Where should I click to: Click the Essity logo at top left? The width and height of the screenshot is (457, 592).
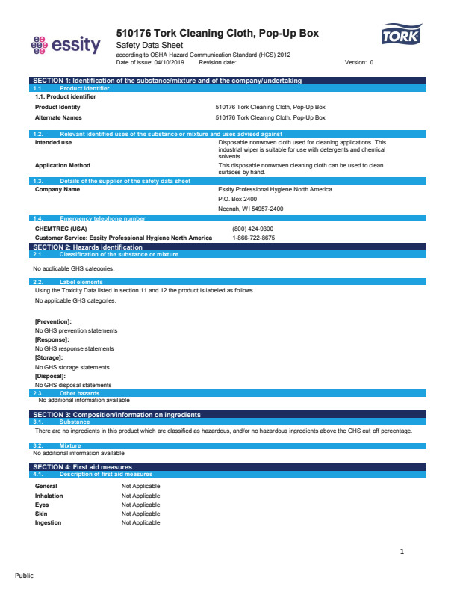click(x=65, y=45)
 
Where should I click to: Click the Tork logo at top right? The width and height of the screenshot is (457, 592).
click(x=401, y=35)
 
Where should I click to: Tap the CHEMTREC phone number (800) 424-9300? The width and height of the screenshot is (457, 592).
click(x=252, y=229)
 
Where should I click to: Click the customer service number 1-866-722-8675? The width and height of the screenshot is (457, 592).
click(x=254, y=238)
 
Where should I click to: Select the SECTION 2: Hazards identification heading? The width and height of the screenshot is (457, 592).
click(x=88, y=247)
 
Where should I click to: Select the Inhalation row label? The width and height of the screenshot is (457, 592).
click(x=49, y=496)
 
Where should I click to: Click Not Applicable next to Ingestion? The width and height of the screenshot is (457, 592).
click(x=140, y=522)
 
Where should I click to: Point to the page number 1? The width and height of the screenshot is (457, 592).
click(x=402, y=552)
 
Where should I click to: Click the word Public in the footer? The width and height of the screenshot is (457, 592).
click(x=25, y=576)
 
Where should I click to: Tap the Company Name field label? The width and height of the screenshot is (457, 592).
click(x=57, y=189)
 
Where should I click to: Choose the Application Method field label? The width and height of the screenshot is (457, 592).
click(x=63, y=165)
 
